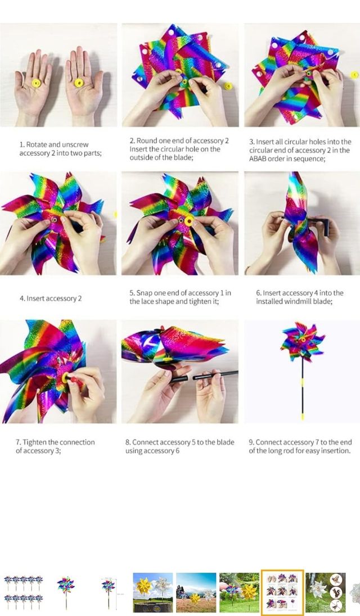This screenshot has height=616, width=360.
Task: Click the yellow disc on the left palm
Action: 36,83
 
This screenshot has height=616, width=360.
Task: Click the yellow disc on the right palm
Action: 79,83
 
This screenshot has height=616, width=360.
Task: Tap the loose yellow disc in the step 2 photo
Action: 228,85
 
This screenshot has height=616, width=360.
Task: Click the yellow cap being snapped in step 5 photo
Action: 189,221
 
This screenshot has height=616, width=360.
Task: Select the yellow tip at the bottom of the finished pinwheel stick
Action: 302,416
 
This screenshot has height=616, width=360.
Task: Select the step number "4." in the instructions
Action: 22,298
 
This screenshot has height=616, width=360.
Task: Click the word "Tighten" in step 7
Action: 34,442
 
